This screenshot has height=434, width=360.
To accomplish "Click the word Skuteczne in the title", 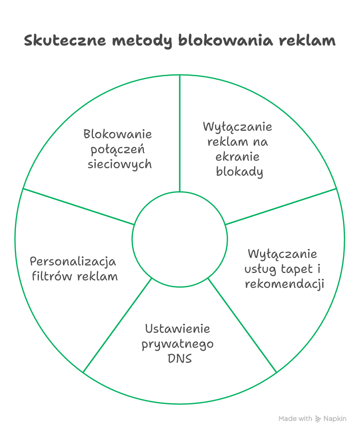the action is [65, 40].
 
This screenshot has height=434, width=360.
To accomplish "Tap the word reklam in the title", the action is [307, 40].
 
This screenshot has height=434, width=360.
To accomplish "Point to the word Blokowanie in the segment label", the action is [117, 134].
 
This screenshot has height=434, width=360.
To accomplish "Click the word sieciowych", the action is [120, 165].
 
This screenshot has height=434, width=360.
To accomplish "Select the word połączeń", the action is [117, 150].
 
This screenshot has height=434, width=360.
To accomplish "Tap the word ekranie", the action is [238, 157].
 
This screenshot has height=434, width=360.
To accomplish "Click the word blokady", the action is [240, 172].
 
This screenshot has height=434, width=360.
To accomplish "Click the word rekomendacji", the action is [285, 284].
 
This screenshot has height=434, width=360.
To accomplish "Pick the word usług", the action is [261, 269].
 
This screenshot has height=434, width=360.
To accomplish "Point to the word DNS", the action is [180, 359].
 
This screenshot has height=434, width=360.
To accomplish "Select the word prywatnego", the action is [177, 345].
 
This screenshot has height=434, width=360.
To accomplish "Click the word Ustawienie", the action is [177, 329].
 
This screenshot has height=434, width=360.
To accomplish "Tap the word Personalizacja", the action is [73, 262].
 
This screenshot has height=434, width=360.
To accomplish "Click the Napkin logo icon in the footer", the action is [318, 419].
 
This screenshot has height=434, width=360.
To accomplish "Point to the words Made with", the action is [295, 419].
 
